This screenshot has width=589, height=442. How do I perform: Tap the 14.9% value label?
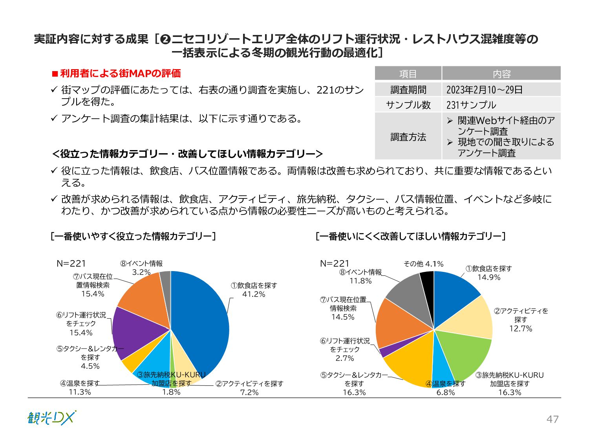[489, 277]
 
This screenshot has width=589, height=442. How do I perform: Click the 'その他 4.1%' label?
[423, 264]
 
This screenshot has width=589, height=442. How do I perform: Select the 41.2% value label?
[254, 294]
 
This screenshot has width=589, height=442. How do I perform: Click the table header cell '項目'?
[408, 74]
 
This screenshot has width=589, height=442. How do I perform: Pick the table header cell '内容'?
[501, 74]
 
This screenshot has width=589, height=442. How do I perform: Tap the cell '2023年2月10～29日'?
[485, 90]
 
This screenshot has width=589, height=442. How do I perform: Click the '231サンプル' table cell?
[471, 105]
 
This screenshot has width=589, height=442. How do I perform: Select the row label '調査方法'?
[408, 137]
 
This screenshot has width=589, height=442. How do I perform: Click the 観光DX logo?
[51, 418]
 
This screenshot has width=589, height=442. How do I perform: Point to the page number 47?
[552, 419]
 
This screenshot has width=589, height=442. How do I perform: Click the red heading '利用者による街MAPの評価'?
[120, 73]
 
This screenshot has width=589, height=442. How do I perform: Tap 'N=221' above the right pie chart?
[335, 264]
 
